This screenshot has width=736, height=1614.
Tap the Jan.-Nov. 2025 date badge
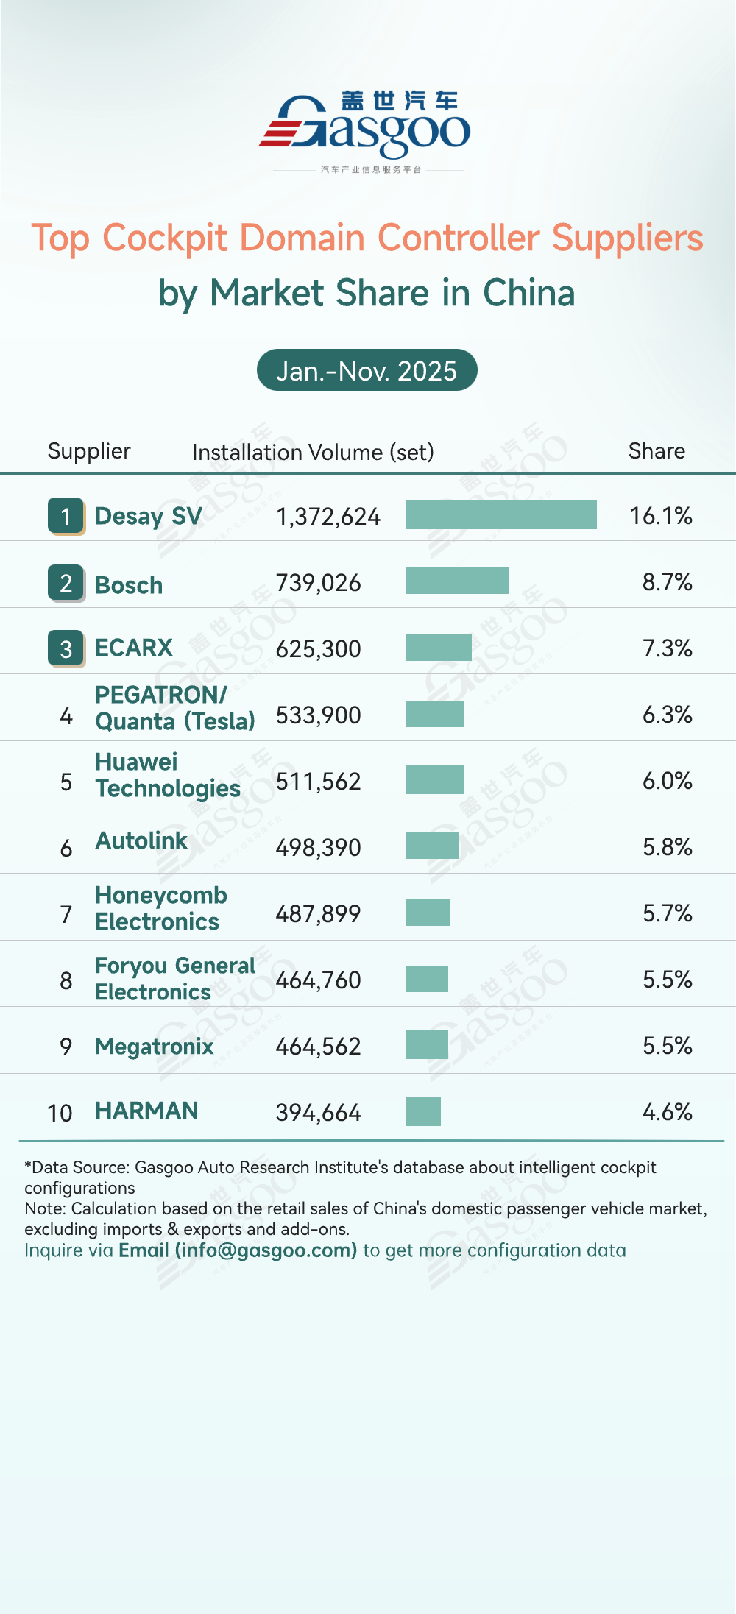[x=367, y=370]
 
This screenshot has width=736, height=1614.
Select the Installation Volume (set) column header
[x=313, y=452]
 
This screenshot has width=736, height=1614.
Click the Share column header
[x=657, y=451]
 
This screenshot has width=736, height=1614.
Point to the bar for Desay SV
[x=500, y=515]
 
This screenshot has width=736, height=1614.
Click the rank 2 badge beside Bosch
[x=66, y=583]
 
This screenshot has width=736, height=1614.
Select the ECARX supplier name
[x=134, y=648]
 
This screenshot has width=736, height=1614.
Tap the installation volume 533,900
[x=318, y=715]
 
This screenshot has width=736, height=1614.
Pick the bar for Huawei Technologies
[x=434, y=780]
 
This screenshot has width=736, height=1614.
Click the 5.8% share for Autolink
[x=667, y=847]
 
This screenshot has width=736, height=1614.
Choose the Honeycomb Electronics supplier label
[x=160, y=908]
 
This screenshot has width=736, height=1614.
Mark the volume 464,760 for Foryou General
[x=318, y=980]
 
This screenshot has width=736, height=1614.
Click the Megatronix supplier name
[x=155, y=1047]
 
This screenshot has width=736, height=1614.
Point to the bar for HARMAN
[x=422, y=1111]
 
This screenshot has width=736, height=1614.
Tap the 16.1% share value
[x=660, y=516]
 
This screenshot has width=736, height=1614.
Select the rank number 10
[x=60, y=1113]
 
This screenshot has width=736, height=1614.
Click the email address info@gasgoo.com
[x=266, y=1250]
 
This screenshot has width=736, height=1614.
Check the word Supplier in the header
[x=89, y=451]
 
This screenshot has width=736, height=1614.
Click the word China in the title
[x=528, y=293]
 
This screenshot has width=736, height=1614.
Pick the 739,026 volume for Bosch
[x=318, y=583]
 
